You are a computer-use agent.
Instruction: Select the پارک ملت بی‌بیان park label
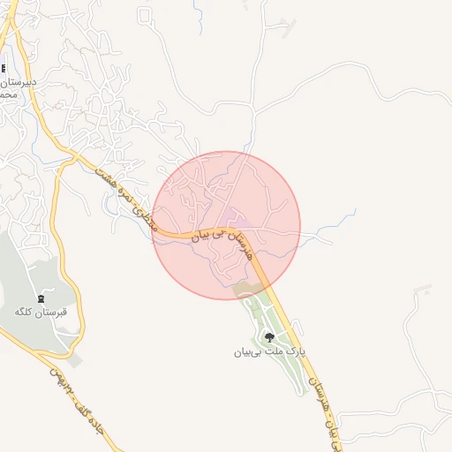[268, 351]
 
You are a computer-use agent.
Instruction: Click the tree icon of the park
[268, 336]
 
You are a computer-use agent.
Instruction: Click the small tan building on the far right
[423, 288]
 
